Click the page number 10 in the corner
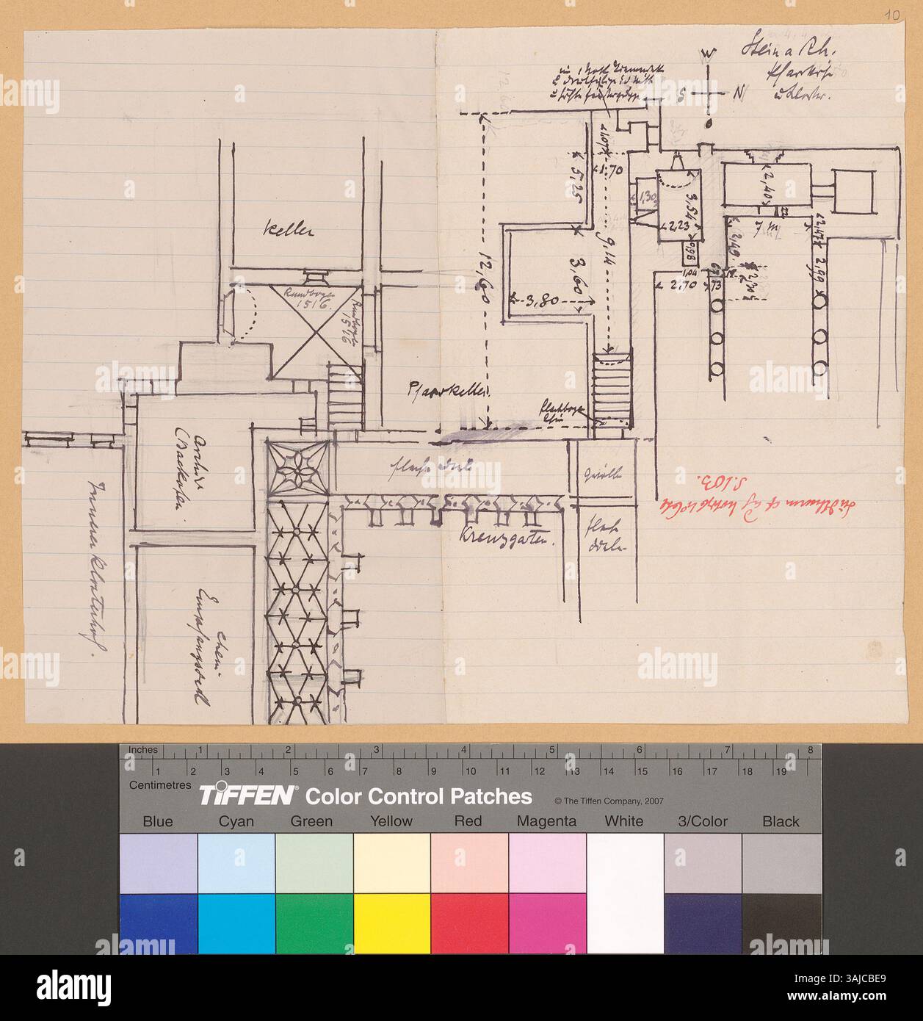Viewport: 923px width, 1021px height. click(x=900, y=14)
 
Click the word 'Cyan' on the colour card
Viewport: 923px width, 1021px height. click(x=236, y=821)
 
